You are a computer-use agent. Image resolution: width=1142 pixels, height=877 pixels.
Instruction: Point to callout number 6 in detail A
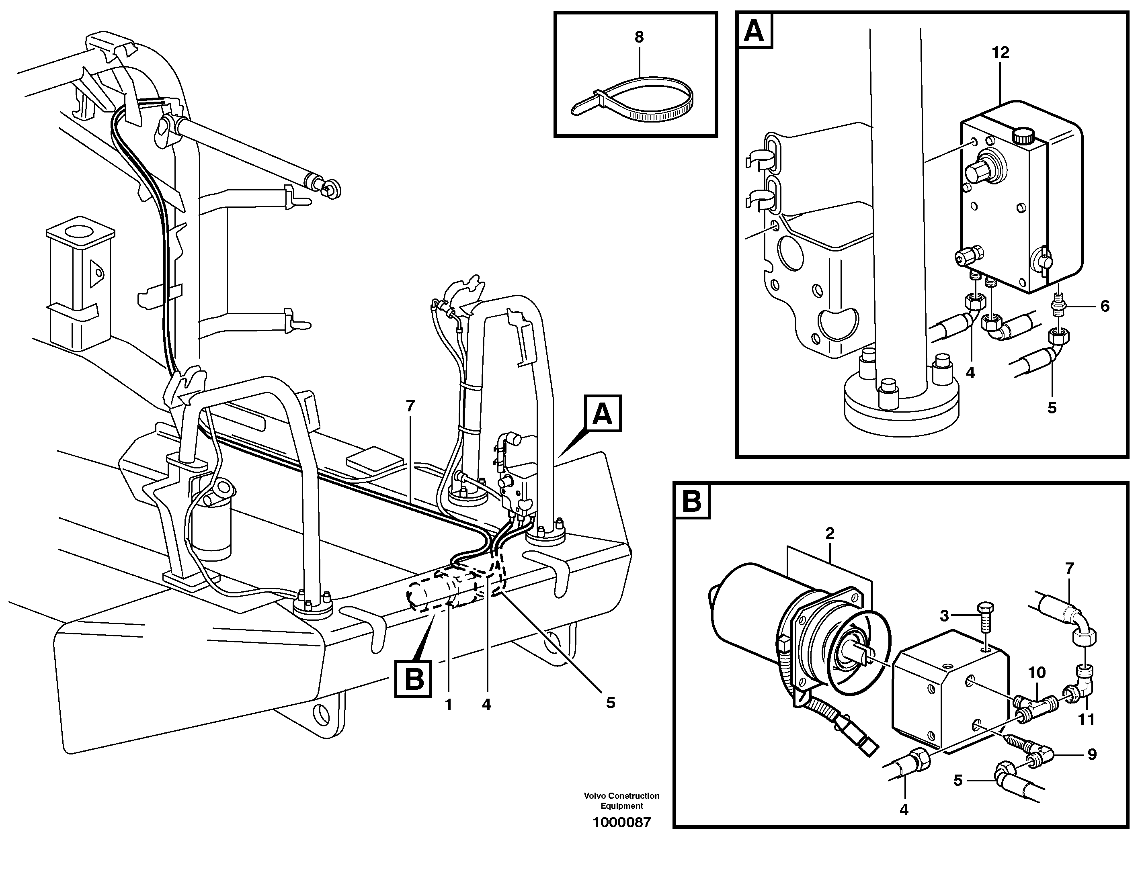1104,306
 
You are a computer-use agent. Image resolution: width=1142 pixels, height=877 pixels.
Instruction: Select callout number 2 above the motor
829,534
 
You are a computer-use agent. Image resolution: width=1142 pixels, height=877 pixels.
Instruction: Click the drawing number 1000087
621,823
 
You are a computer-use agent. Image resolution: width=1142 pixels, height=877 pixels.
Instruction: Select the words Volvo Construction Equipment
621,801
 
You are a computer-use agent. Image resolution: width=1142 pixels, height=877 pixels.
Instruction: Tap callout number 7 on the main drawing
410,406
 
